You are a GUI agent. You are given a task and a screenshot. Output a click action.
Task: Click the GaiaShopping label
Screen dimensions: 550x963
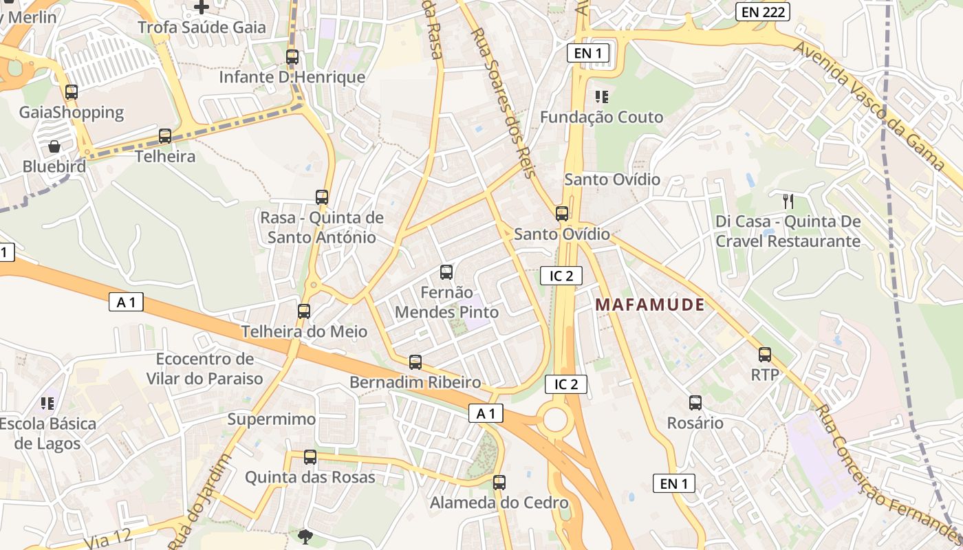(x=72, y=112)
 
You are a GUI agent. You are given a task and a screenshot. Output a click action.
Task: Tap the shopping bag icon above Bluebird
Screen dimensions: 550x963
(x=54, y=146)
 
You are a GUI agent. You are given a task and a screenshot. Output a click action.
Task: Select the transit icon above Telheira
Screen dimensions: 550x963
(x=165, y=136)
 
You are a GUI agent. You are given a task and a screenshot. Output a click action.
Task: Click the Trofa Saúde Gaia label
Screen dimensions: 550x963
(x=202, y=27)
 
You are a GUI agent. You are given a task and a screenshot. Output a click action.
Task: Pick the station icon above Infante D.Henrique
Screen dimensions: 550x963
(x=292, y=57)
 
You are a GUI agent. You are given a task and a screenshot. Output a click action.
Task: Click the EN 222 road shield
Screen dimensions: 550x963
(x=762, y=11)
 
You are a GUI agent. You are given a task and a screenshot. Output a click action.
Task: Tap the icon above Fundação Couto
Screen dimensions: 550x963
(x=603, y=97)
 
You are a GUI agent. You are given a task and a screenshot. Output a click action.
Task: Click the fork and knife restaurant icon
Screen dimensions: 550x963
(x=788, y=201)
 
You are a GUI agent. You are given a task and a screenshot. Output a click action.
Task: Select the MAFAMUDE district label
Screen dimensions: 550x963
(x=650, y=305)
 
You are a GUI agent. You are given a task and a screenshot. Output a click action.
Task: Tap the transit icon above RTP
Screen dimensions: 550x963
(x=765, y=355)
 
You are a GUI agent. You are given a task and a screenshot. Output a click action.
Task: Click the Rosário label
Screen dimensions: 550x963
(x=695, y=423)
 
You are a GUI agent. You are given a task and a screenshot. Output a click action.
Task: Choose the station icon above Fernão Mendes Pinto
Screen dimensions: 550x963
(x=446, y=272)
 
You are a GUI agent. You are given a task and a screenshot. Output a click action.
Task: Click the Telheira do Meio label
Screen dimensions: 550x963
(x=304, y=331)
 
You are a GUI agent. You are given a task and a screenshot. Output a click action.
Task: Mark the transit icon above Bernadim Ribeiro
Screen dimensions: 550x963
(x=415, y=362)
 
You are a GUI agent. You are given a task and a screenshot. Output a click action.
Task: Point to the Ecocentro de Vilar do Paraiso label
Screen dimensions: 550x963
(x=205, y=368)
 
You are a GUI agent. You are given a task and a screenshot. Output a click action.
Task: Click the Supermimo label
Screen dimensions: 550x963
(x=272, y=419)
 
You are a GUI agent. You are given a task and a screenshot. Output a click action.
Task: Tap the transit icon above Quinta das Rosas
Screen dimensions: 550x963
(x=310, y=457)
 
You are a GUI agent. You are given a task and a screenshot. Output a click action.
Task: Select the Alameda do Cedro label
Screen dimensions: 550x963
(x=499, y=503)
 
